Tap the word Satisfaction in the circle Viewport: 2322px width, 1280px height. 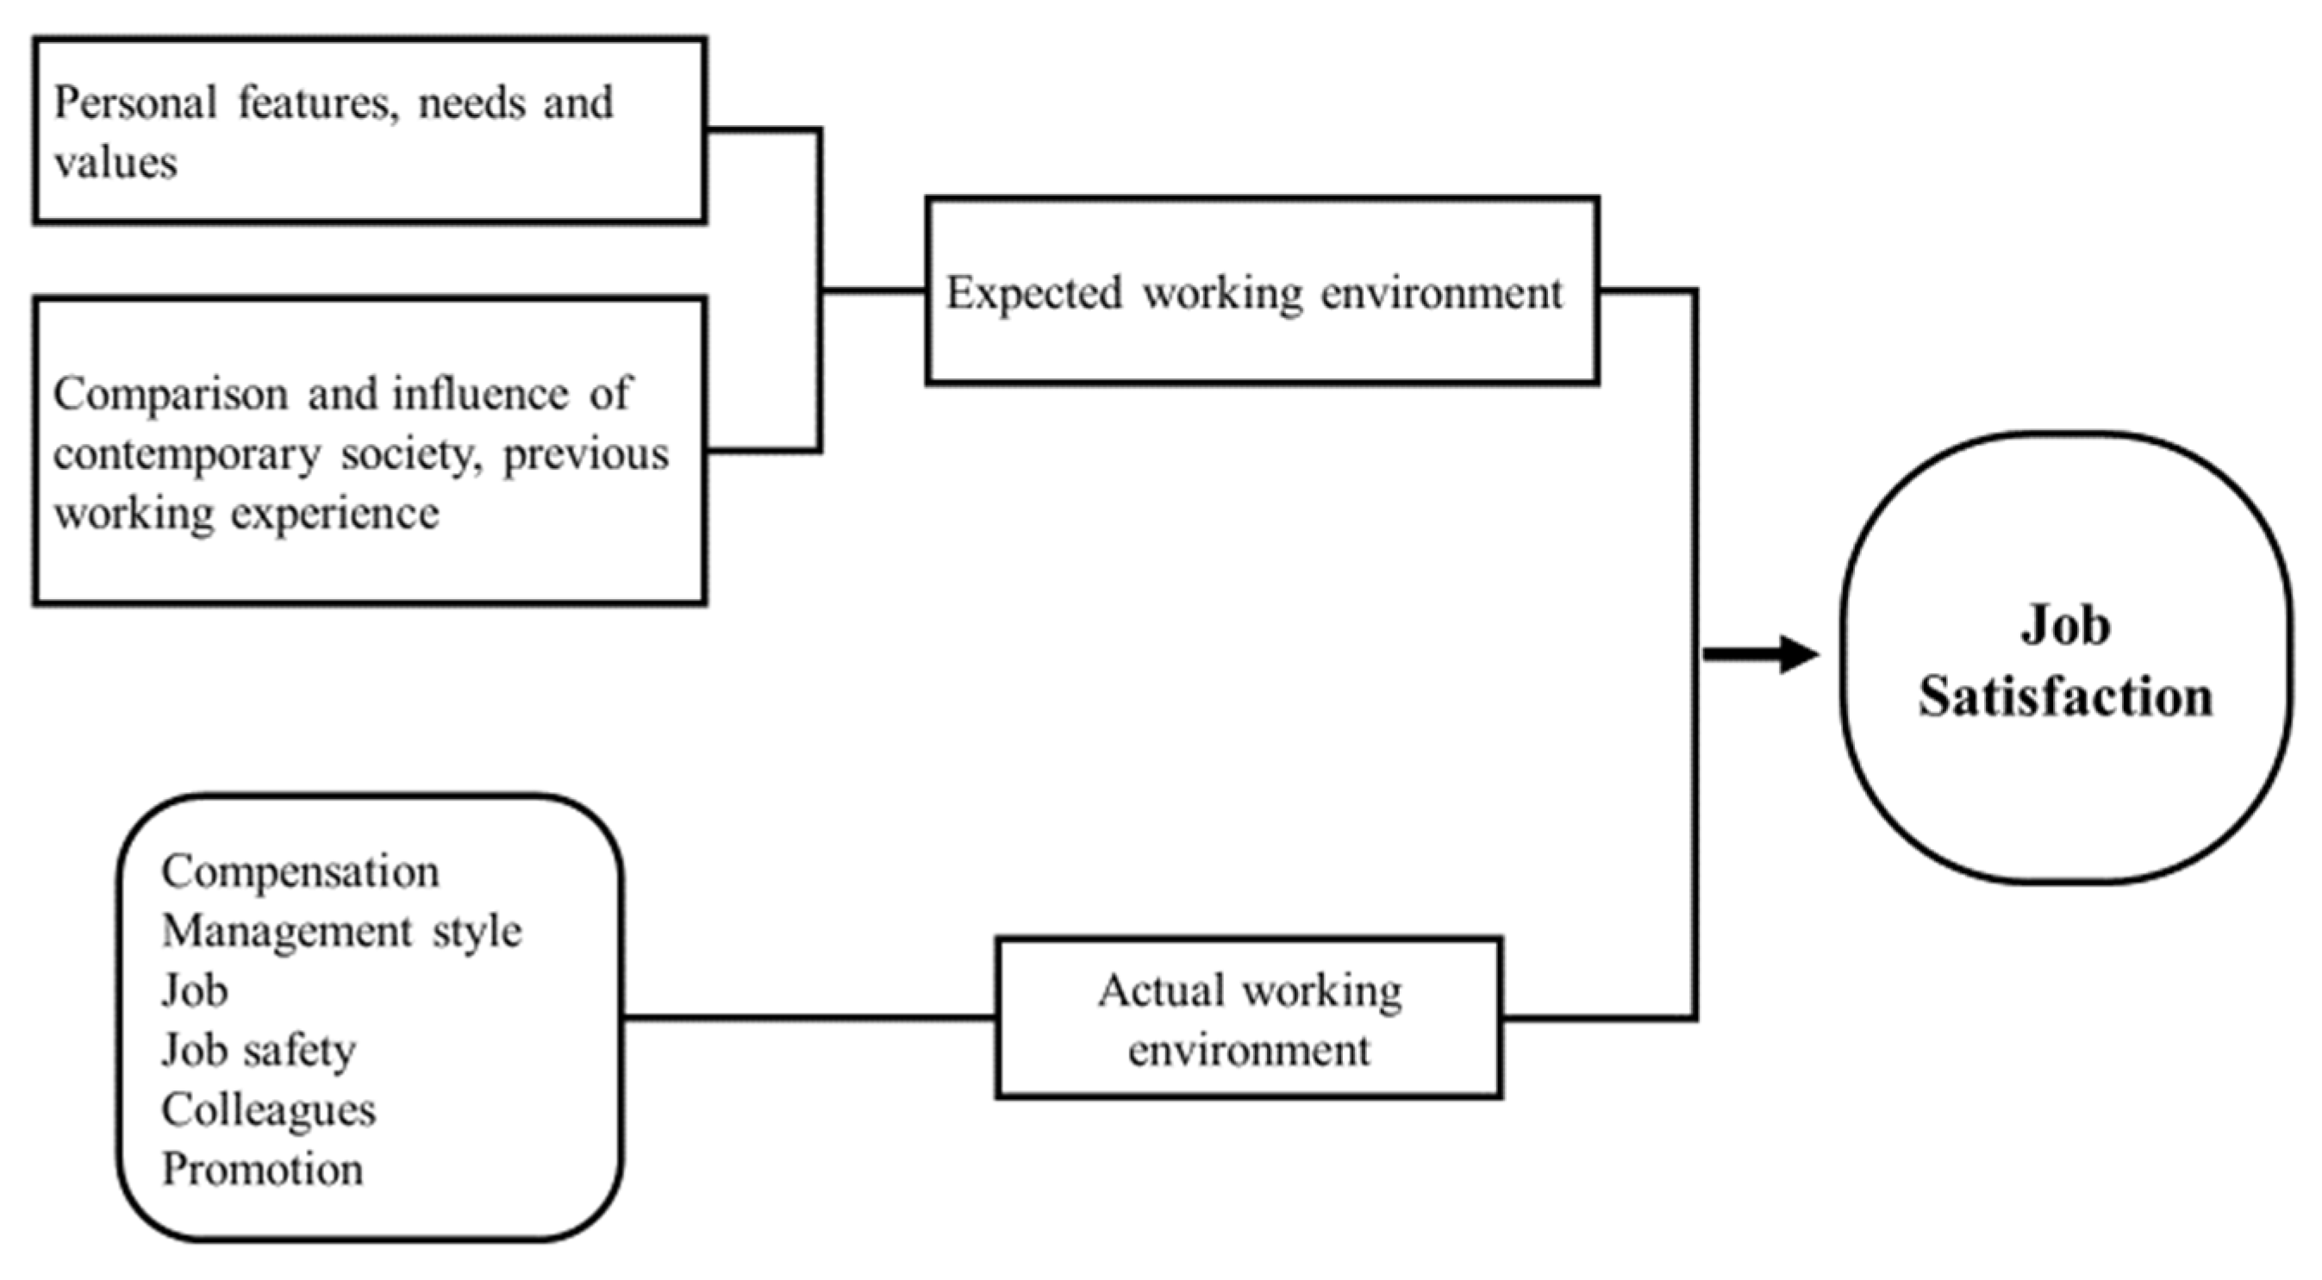(2065, 697)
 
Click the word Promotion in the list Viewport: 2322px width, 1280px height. (262, 1170)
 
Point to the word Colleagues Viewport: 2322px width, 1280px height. (269, 1110)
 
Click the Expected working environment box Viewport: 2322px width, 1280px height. (1262, 291)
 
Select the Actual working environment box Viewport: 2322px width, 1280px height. (1248, 1019)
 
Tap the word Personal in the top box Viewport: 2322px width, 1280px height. (135, 103)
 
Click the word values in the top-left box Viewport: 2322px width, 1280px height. (115, 163)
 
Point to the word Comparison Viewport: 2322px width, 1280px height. (171, 395)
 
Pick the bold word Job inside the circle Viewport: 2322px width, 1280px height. (2065, 626)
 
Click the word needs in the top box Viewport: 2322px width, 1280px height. (471, 103)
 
